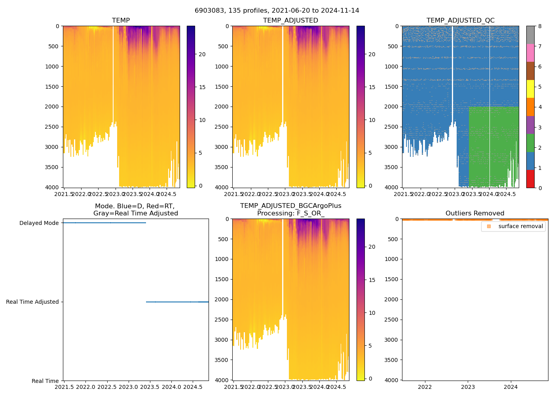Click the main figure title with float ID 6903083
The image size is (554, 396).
(x=277, y=11)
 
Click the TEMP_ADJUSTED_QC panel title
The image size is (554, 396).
(x=460, y=21)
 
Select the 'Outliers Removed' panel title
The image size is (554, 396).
(x=474, y=213)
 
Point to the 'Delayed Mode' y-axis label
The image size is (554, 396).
(x=39, y=223)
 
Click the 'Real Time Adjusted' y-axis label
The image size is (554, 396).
(x=32, y=302)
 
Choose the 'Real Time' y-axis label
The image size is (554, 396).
(x=45, y=381)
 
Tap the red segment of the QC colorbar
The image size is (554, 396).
(x=530, y=179)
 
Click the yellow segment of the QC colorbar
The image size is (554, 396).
(x=530, y=89)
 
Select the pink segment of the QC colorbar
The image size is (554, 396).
(x=530, y=53)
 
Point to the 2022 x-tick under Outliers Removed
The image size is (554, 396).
(x=425, y=387)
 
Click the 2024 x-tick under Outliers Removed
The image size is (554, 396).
(x=511, y=387)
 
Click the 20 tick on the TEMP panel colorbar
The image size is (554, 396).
(x=202, y=54)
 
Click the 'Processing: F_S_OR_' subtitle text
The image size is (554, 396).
(x=290, y=213)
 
